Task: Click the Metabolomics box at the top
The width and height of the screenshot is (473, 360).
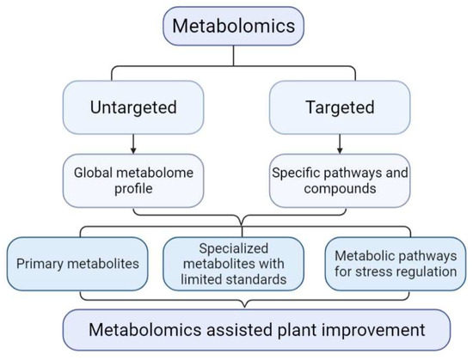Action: point(235,26)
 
